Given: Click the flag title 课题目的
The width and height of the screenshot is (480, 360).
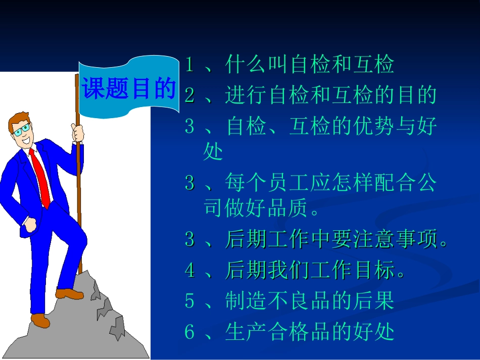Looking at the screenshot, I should [x=128, y=88].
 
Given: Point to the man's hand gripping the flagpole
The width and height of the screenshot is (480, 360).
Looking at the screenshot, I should [x=78, y=133].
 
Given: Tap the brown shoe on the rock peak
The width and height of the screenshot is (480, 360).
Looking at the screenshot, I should [x=70, y=293].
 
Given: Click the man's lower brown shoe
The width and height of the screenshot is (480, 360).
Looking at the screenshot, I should [x=40, y=320].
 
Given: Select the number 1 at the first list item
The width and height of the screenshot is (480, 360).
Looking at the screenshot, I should [x=189, y=65].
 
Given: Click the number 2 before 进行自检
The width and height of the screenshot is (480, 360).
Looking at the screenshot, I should [x=189, y=95].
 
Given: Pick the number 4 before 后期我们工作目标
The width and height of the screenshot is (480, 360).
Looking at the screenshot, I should [x=189, y=271].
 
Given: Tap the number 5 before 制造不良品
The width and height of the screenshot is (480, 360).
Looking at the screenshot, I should [x=189, y=301].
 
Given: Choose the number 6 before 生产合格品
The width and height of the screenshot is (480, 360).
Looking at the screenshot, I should [x=189, y=332].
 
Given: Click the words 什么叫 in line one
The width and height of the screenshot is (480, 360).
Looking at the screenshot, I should [x=257, y=65].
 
